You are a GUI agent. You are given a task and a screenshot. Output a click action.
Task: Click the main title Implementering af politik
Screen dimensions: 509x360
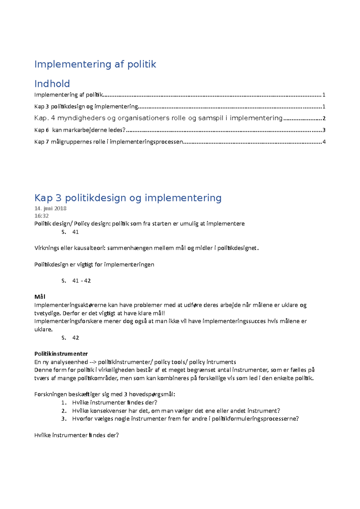pyautogui.click(x=95, y=64)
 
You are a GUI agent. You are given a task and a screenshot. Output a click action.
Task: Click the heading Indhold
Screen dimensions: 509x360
pyautogui.click(x=52, y=84)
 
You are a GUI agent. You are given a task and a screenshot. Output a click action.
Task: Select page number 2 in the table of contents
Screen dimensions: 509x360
pyautogui.click(x=324, y=118)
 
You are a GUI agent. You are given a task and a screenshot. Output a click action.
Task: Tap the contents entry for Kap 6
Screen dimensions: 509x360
pyautogui.click(x=80, y=130)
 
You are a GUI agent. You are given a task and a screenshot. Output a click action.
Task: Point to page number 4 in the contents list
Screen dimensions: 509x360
pyautogui.click(x=324, y=142)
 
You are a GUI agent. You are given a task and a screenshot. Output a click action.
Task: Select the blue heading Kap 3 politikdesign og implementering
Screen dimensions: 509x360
pyautogui.click(x=128, y=198)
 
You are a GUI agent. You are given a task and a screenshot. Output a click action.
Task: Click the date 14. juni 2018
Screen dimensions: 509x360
pyautogui.click(x=50, y=208)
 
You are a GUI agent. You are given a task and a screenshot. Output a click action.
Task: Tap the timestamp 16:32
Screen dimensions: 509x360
pyautogui.click(x=41, y=216)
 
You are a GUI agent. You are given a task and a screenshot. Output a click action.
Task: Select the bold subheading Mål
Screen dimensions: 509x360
pyautogui.click(x=40, y=297)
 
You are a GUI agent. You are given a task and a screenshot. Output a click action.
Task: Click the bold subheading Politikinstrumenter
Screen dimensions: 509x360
pyautogui.click(x=61, y=354)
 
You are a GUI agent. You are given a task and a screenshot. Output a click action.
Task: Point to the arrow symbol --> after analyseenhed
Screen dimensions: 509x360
pyautogui.click(x=93, y=362)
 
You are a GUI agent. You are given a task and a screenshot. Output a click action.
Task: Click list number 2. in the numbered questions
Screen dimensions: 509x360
pyautogui.click(x=64, y=411)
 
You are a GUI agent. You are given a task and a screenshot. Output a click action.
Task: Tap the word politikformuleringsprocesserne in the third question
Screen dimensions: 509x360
pyautogui.click(x=255, y=419)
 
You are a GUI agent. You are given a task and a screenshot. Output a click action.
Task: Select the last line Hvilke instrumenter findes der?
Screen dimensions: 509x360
pyautogui.click(x=76, y=435)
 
